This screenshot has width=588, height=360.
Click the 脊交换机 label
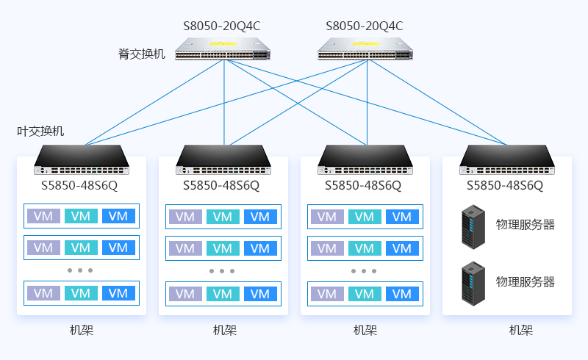[142, 54]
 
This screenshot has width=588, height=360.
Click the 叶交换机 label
[40, 132]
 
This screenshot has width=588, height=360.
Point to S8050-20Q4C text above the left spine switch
[222, 26]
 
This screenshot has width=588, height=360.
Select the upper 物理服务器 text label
[525, 225]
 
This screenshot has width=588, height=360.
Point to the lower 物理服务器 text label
[525, 282]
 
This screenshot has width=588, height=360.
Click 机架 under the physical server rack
[520, 330]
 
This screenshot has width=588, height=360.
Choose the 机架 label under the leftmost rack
[82, 330]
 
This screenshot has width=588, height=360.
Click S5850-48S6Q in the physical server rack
[505, 185]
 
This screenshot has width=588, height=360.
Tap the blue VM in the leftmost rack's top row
[118, 216]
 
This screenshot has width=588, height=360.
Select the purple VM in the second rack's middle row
[184, 248]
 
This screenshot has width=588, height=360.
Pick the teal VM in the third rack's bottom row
[365, 294]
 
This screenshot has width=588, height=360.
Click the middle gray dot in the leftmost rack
[80, 270]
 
